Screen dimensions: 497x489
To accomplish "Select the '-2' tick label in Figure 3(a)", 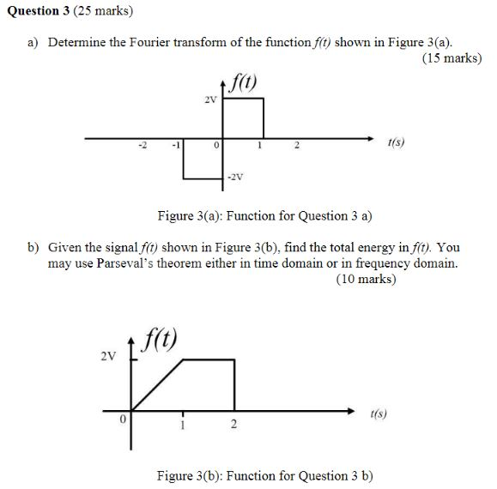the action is tap(143, 147).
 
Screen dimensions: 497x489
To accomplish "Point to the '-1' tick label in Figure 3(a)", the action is tap(176, 147).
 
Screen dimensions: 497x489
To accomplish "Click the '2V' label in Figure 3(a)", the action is tap(210, 100).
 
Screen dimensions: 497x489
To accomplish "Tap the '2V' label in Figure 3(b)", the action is tap(106, 356).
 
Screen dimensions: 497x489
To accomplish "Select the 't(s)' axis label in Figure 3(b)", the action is tap(378, 413).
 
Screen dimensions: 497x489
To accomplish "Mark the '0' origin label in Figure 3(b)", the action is tap(122, 420).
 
